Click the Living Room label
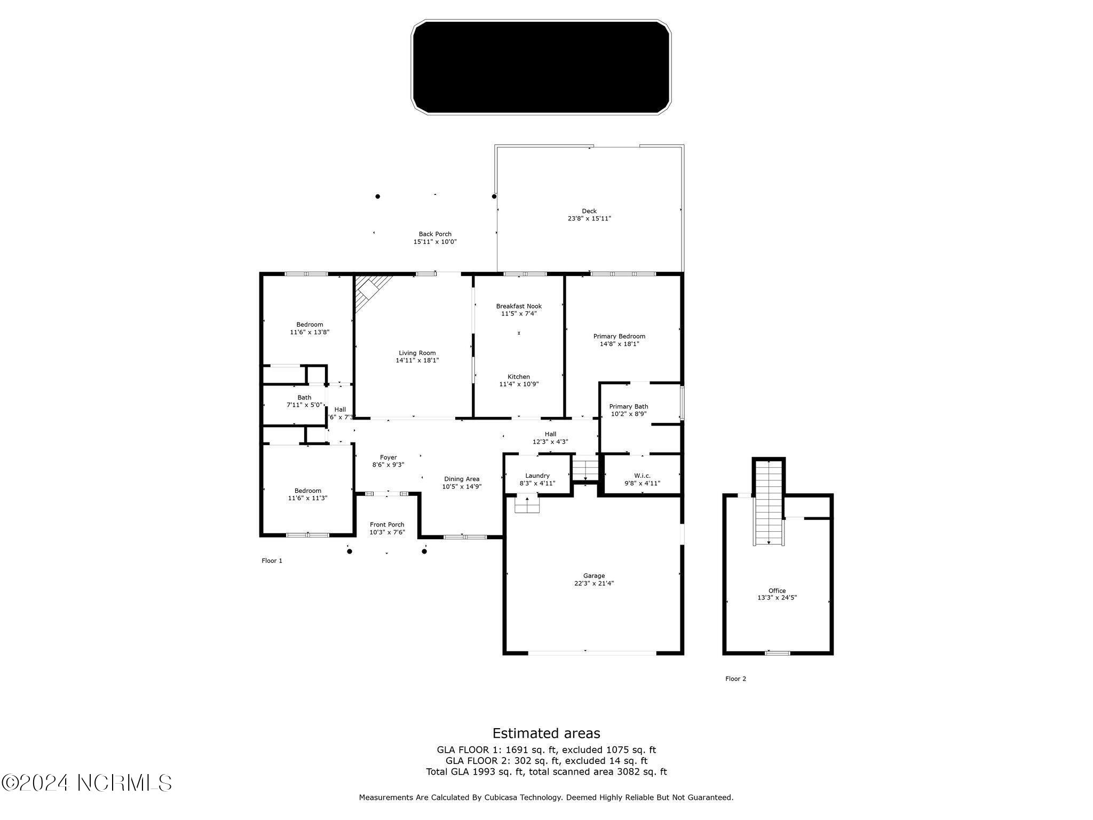417,353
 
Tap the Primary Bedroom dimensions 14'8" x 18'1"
619,344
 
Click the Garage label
593,575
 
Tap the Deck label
589,211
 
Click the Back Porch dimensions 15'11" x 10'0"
435,242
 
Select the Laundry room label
537,476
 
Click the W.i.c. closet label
642,476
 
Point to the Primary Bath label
629,406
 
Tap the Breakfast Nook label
519,306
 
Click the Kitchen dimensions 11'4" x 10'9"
519,384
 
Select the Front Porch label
387,525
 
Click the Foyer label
388,458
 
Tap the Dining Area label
462,479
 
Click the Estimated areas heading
546,733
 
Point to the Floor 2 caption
735,679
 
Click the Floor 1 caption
272,561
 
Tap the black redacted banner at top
541,67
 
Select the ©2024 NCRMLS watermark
86,783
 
